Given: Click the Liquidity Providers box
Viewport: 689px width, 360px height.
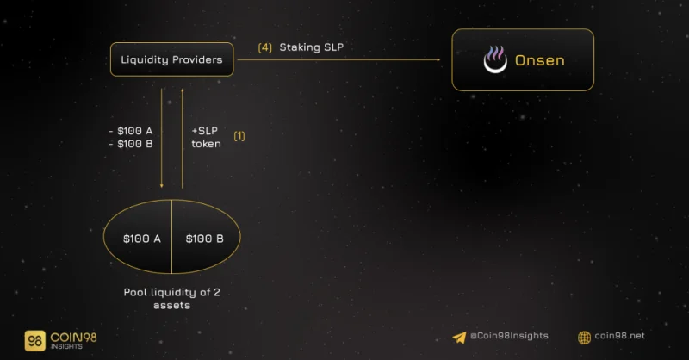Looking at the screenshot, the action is point(171,59).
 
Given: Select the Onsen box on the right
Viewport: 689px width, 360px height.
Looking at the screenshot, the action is point(523,59).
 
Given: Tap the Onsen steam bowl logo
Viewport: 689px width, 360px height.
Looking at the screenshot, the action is point(495,59).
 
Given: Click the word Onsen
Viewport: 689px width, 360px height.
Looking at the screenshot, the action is point(540,60).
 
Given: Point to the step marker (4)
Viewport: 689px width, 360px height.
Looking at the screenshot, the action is point(265,47).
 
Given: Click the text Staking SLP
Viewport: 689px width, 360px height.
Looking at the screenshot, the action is point(312,47).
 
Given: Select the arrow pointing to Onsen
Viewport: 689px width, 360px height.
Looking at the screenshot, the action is point(338,59).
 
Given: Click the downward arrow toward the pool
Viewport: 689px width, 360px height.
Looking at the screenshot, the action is point(162,138).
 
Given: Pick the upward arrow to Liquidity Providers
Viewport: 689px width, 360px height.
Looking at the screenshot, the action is point(183,138).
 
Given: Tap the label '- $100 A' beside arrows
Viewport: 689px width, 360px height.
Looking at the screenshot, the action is point(131,131).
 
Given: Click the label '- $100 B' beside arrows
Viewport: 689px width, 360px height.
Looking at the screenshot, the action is point(131,144).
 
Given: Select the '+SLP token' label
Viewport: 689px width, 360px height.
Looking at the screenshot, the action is point(206,137).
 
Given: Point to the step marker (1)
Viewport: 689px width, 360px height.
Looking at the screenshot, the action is point(239,136).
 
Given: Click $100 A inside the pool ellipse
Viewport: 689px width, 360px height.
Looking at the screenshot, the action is point(142,239).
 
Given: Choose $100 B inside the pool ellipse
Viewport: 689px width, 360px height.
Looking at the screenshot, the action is point(205,239).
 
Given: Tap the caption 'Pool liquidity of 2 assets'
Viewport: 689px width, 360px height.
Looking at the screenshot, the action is point(171,299).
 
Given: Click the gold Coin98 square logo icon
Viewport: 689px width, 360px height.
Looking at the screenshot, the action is point(35,341).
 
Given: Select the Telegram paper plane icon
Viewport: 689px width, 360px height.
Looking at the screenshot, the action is point(459,338).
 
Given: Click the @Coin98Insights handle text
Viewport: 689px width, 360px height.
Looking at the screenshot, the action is point(509,336).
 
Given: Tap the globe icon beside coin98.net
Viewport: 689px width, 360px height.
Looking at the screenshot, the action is point(585,338).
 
